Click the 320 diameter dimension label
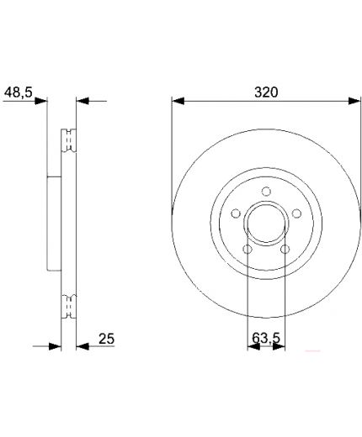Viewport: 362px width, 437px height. pos(266,92)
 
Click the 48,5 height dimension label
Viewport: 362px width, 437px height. pos(19,92)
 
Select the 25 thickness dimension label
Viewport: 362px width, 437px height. pos(106,339)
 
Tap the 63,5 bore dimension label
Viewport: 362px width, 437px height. pos(266,338)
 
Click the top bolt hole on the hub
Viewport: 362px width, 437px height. pos(266,192)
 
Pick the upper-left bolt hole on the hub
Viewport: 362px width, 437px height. pos(236,213)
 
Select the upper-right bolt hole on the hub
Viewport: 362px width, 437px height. pos(296,213)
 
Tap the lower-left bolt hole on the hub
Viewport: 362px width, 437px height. pos(248,249)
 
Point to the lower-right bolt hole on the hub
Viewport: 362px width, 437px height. pos(285,249)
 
